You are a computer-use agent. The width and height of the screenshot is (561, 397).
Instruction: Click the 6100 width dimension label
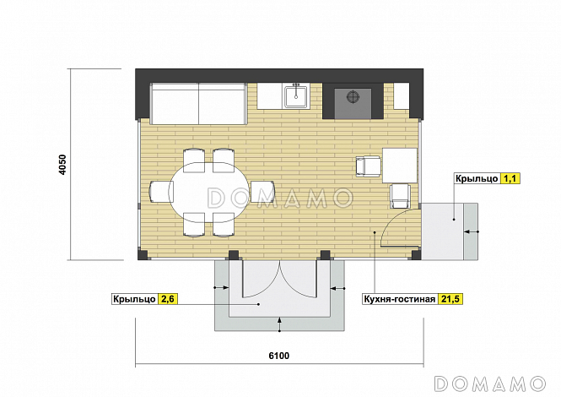click(x=279, y=356)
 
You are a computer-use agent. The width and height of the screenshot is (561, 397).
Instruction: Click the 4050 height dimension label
click(x=62, y=165)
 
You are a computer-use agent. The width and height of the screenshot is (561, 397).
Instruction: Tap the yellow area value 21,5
click(x=450, y=299)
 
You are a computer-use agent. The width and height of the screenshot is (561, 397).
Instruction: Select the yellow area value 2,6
click(x=168, y=299)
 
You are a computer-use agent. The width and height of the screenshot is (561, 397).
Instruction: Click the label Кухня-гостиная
click(x=400, y=299)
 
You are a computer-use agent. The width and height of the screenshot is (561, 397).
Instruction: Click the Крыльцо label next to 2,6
click(x=134, y=299)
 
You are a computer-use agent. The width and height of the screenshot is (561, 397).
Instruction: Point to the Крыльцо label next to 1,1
click(x=477, y=178)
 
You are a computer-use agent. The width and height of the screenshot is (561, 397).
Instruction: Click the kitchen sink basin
click(x=296, y=95)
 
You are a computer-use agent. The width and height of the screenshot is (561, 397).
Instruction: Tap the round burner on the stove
click(x=353, y=97)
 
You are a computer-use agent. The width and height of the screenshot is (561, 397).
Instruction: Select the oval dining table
click(x=209, y=193)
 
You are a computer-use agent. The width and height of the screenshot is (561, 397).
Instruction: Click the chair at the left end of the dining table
click(x=161, y=192)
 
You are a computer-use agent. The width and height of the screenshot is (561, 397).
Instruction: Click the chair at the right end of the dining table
click(x=263, y=192)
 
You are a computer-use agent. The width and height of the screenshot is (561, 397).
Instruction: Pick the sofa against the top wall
click(x=199, y=104)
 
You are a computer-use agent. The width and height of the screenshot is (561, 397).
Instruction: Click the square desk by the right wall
click(x=400, y=166)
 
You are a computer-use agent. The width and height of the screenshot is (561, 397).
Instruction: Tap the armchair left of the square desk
click(x=369, y=166)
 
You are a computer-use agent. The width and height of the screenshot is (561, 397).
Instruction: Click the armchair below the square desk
click(x=401, y=196)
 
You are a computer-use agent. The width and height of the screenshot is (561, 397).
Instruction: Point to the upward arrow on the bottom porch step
click(x=279, y=324)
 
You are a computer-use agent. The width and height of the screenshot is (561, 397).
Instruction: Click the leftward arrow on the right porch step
click(x=472, y=231)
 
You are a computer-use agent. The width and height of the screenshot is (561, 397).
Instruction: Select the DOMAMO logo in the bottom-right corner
click(x=490, y=383)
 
